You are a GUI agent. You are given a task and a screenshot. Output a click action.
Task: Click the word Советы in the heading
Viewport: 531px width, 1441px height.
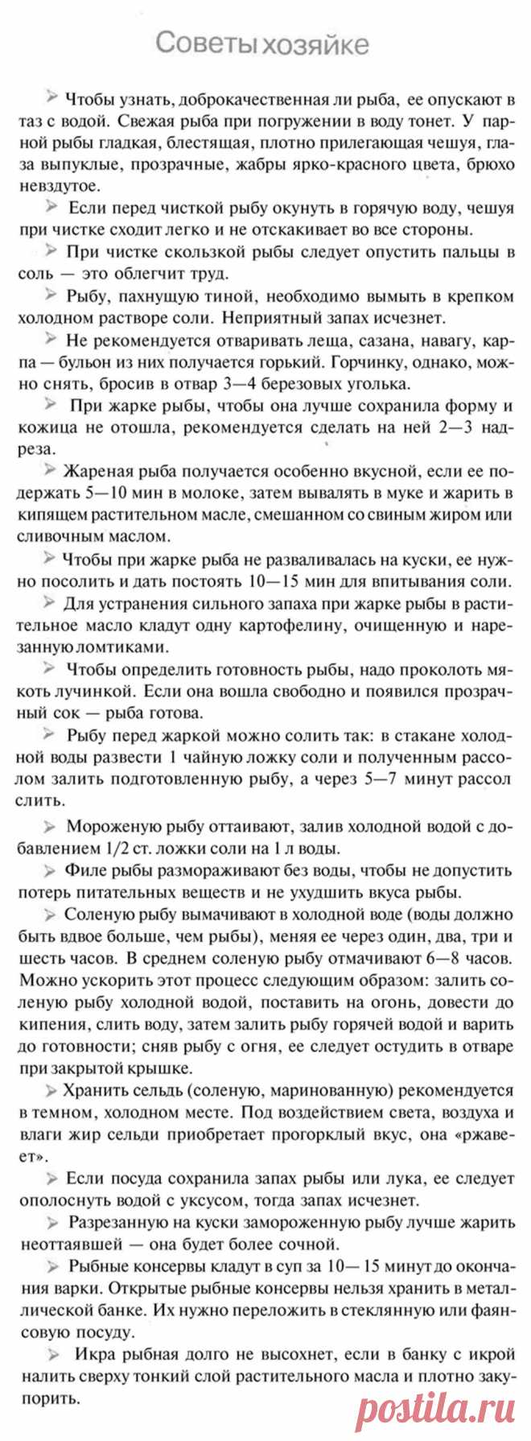click(201, 43)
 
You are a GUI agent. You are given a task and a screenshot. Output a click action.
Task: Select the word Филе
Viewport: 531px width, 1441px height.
click(88, 870)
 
